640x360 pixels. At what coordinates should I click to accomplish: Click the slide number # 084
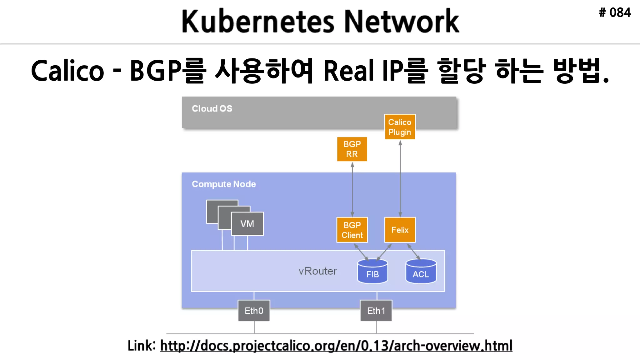click(x=615, y=13)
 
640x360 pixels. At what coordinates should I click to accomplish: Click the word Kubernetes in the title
click(x=258, y=21)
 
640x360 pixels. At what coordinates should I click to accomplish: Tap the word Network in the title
click(x=401, y=21)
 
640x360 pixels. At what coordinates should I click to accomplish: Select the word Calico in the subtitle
click(x=67, y=71)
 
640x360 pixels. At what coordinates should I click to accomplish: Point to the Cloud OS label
click(x=212, y=108)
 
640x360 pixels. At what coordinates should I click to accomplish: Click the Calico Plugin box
click(x=400, y=127)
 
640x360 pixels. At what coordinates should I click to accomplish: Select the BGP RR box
click(x=352, y=149)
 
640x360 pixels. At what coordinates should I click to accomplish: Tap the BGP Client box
click(x=352, y=230)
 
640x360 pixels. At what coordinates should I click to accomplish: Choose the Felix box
click(x=400, y=230)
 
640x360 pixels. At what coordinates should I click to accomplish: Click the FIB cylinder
click(x=372, y=272)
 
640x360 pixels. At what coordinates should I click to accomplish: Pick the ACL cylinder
click(x=421, y=272)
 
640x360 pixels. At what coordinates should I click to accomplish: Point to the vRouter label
click(x=317, y=271)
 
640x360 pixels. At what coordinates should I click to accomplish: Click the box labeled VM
click(x=247, y=224)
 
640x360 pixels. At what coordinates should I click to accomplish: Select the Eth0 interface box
click(x=254, y=311)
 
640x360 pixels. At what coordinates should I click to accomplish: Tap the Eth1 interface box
click(x=376, y=311)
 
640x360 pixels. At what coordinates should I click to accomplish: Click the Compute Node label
click(x=224, y=184)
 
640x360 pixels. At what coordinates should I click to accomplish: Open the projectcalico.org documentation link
click(x=336, y=346)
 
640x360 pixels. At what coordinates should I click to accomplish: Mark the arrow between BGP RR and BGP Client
click(x=352, y=189)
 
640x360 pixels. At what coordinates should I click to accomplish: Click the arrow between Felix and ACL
click(x=413, y=251)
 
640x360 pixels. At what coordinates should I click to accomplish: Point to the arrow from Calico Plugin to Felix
click(x=400, y=178)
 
